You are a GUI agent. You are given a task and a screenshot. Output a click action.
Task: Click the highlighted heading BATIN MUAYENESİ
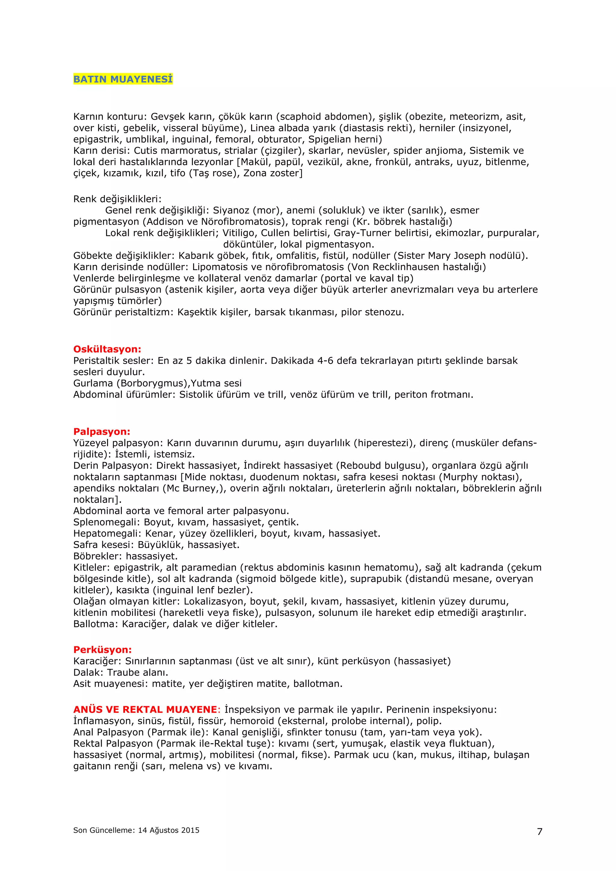tap(123, 79)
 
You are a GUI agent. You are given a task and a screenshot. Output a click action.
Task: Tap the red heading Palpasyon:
tap(102, 432)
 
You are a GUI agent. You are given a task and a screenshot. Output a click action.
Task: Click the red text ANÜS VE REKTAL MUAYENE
tap(145, 710)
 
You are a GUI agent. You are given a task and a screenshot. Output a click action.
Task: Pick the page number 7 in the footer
tap(539, 832)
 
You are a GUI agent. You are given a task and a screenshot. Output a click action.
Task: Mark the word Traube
tap(122, 672)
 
